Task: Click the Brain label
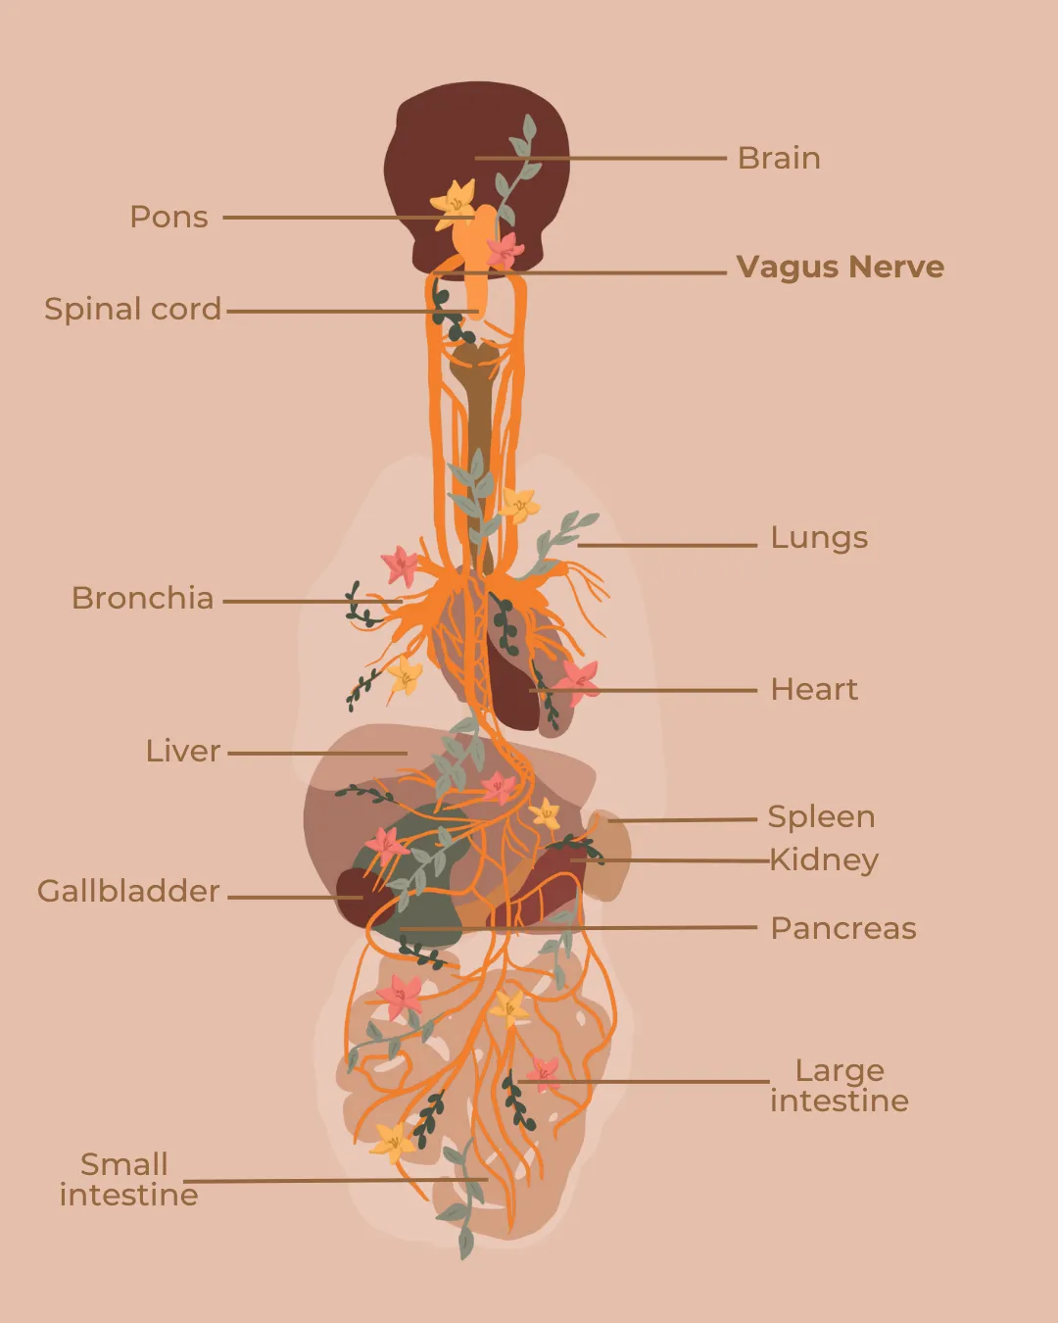(x=779, y=158)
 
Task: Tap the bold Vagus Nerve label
(x=840, y=267)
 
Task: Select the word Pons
(x=169, y=217)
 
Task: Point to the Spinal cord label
(x=132, y=309)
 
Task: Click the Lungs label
(x=819, y=537)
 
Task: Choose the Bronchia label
(x=143, y=598)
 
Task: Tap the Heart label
(x=814, y=689)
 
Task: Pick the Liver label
(x=182, y=751)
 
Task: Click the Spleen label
(x=821, y=817)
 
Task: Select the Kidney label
(x=824, y=860)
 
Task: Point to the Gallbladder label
(x=128, y=891)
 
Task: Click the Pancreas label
(x=843, y=928)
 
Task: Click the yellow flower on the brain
(x=454, y=204)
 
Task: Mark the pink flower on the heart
(x=578, y=681)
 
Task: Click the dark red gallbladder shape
(x=360, y=898)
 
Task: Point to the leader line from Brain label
(x=601, y=158)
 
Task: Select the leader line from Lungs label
(x=667, y=545)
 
